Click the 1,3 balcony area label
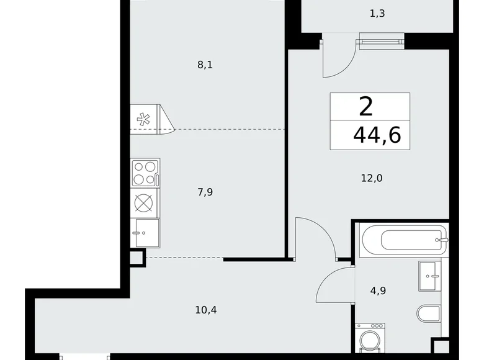coord(377,13)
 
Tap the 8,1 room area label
coord(205,65)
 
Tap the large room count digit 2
coord(366,107)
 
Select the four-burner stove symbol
coord(145,172)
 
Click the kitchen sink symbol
coord(145,233)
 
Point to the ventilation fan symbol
coord(144,119)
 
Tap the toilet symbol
coord(429,313)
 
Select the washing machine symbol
coord(371,341)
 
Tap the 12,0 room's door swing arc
coord(311,238)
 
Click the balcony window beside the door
coord(379,42)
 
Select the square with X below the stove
coord(145,203)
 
